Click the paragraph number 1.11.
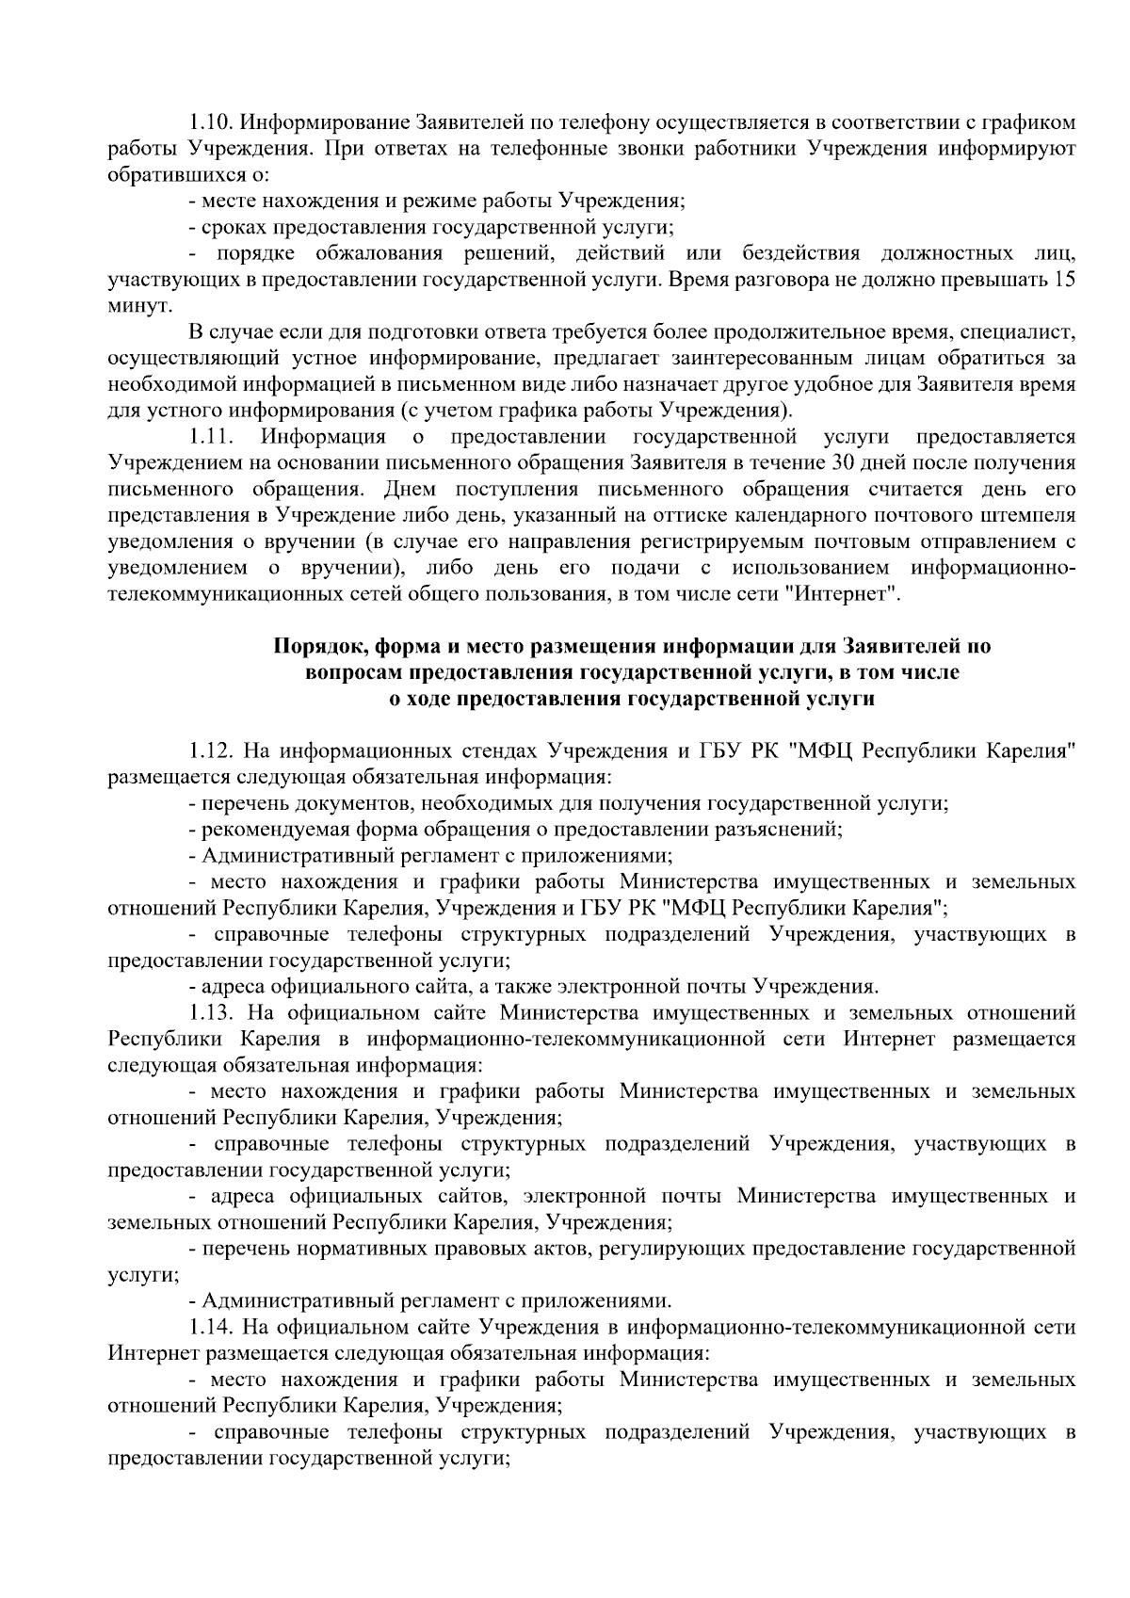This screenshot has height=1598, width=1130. click(211, 437)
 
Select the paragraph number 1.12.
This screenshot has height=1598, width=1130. click(211, 751)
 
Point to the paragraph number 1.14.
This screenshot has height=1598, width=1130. click(211, 1328)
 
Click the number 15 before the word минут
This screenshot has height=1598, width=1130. click(1064, 280)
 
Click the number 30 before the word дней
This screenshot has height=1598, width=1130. click(842, 463)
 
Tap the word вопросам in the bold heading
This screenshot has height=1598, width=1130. click(353, 673)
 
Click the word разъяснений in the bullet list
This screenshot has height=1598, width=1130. click(784, 830)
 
